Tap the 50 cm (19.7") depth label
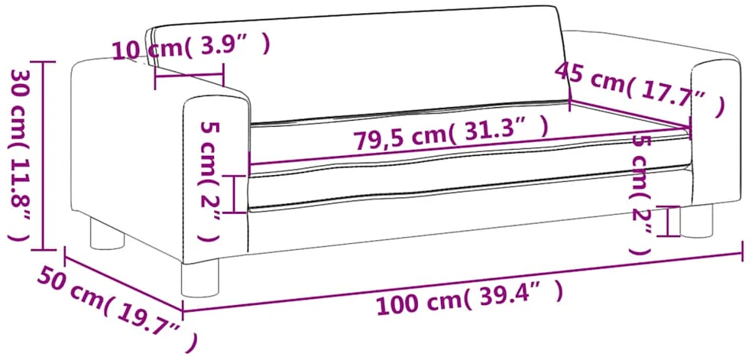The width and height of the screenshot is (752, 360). (x=117, y=307)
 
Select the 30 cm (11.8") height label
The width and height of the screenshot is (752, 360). (x=21, y=155)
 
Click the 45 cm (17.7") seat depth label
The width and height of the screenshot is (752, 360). (x=639, y=89)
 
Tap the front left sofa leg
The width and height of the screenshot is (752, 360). (x=200, y=277)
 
